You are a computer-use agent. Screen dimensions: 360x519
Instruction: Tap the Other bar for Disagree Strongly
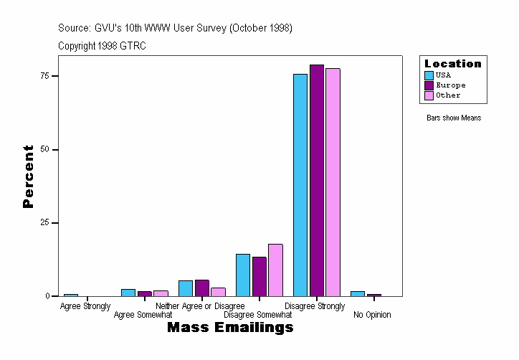pyautogui.click(x=333, y=182)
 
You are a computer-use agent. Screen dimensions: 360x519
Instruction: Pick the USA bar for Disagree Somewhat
pyautogui.click(x=243, y=275)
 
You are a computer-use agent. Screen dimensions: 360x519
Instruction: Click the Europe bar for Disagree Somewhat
pyautogui.click(x=259, y=277)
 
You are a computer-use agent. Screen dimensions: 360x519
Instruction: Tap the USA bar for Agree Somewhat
pyautogui.click(x=128, y=293)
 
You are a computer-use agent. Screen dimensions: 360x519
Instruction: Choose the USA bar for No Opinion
pyautogui.click(x=358, y=293)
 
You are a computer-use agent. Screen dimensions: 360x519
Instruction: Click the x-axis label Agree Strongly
pyautogui.click(x=85, y=306)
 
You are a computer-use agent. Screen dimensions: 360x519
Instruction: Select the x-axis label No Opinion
pyautogui.click(x=372, y=314)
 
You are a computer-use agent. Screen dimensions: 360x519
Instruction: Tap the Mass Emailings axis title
pyautogui.click(x=230, y=328)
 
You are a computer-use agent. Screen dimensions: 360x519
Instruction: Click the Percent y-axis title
pyautogui.click(x=29, y=176)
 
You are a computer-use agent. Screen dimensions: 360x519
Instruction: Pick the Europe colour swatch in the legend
pyautogui.click(x=429, y=85)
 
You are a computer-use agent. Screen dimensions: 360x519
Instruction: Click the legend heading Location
pyautogui.click(x=453, y=64)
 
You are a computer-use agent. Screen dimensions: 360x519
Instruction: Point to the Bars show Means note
pyautogui.click(x=454, y=118)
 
